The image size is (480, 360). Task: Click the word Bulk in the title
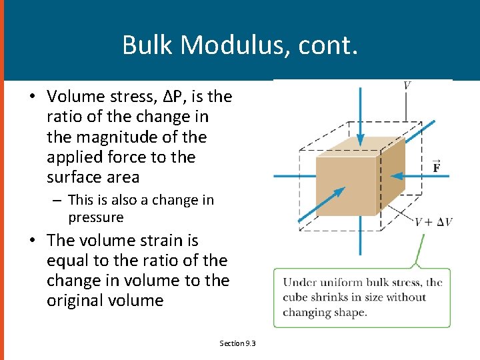[147, 45]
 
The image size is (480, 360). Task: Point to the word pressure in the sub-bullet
[95, 217]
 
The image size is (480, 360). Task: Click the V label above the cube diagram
[407, 85]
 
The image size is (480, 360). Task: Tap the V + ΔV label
[433, 221]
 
